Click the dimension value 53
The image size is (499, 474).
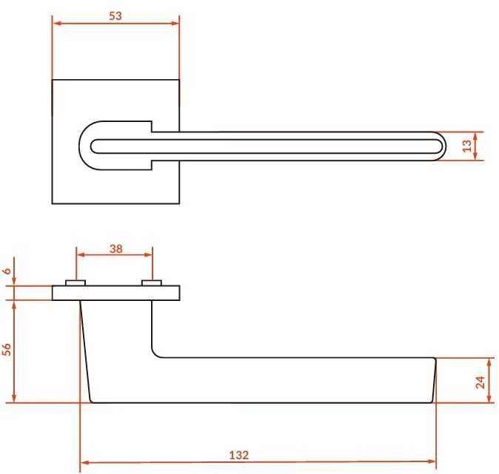click(115, 16)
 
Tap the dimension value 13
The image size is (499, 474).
click(467, 146)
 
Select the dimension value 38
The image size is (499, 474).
click(115, 248)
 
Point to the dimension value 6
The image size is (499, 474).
click(7, 271)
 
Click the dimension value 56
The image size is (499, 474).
click(7, 349)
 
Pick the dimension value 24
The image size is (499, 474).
click(480, 382)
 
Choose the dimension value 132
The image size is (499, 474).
click(238, 455)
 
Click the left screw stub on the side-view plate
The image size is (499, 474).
click(76, 282)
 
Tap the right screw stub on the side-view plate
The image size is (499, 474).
click(152, 282)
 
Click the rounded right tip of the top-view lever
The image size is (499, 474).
click(442, 146)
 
